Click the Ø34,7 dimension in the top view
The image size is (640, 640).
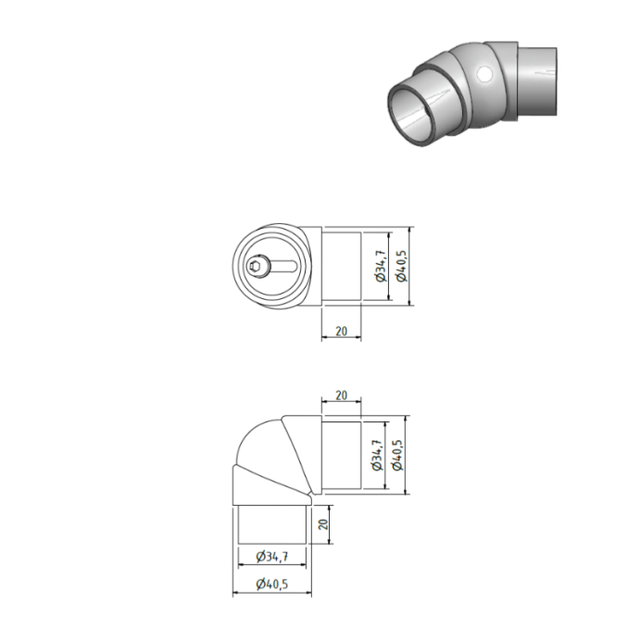(x=378, y=267)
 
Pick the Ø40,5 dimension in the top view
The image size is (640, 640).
(x=400, y=267)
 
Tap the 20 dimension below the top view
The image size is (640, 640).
(x=341, y=331)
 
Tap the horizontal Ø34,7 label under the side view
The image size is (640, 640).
(x=270, y=557)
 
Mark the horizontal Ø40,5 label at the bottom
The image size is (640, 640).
(x=270, y=584)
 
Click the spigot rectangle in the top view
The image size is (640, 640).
(x=341, y=267)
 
